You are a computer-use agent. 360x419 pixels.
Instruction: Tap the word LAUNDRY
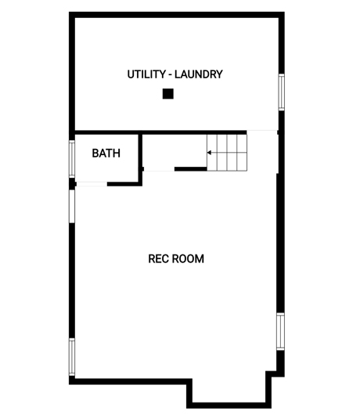click(199, 74)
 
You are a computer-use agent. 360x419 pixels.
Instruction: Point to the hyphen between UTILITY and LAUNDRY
click(170, 75)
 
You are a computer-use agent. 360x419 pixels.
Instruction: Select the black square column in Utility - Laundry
click(168, 94)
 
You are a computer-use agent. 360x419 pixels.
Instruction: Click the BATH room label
click(106, 154)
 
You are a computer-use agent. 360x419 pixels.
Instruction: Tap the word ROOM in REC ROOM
click(188, 259)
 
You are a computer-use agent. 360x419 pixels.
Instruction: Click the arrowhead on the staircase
click(210, 153)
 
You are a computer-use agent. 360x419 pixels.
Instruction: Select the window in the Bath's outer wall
click(72, 159)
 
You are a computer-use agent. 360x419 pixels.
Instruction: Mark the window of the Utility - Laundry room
click(282, 92)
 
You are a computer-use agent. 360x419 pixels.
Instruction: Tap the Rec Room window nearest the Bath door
click(72, 206)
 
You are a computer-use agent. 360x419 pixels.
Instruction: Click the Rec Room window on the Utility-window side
click(280, 331)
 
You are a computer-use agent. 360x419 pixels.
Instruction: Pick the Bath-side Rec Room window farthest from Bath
click(72, 357)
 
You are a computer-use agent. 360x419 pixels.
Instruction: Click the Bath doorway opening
click(92, 184)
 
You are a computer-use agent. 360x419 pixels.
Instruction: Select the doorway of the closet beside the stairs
click(159, 169)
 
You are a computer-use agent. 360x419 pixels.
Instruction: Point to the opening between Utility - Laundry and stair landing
click(262, 132)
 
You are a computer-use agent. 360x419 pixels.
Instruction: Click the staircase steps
click(227, 152)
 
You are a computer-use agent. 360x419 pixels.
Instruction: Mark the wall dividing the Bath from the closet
click(140, 159)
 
